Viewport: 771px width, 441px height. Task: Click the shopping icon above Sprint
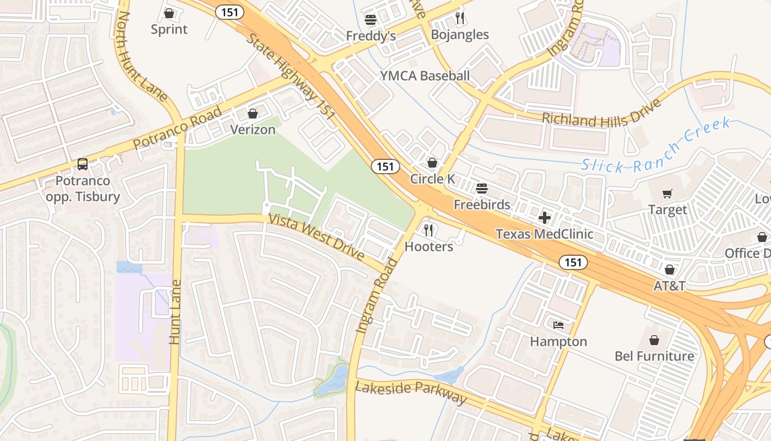(169, 13)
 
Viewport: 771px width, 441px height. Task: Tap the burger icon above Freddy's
(371, 20)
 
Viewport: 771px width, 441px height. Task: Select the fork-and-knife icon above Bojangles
(460, 18)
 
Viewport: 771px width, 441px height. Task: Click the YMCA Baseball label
(425, 76)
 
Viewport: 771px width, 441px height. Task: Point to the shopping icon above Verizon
(253, 114)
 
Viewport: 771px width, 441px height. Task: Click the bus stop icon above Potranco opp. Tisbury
(83, 164)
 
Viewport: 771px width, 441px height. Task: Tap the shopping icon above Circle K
(432, 163)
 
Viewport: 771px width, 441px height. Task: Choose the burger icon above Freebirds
(482, 189)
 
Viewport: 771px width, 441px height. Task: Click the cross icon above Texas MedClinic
(545, 218)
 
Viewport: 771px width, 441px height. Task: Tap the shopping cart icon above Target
(667, 194)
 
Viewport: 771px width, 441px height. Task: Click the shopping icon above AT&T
(670, 270)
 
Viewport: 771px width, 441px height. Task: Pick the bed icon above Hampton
(558, 325)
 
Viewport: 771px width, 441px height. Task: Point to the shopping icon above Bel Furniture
(654, 340)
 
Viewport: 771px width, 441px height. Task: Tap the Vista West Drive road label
(316, 237)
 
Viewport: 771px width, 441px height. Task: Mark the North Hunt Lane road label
(142, 57)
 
